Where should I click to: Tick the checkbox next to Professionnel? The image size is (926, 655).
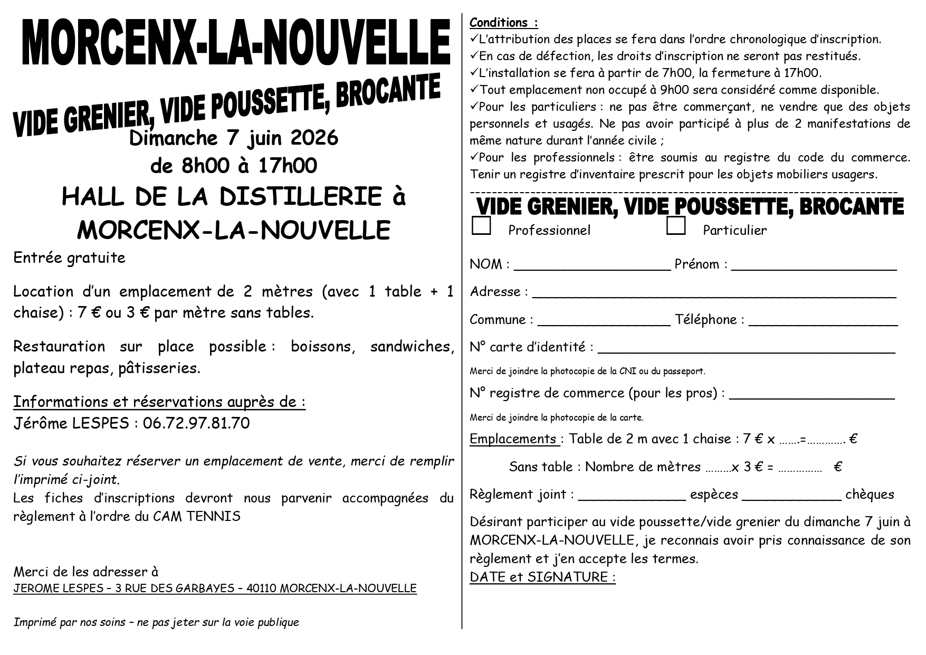point(481,225)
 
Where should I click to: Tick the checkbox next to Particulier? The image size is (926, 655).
point(676,225)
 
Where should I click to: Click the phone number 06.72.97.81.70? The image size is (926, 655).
point(196,423)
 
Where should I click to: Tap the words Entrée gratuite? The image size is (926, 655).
point(69,258)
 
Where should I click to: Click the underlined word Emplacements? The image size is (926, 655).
point(513,439)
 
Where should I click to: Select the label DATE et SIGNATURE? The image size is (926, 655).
point(542,577)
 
